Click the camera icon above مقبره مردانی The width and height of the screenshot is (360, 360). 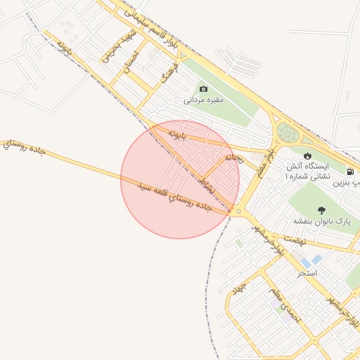point(203,89)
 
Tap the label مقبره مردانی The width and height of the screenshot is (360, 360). point(203,100)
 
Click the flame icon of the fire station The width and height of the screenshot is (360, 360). point(307,155)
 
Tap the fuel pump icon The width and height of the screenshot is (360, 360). point(349,172)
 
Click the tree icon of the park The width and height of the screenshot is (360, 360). point(321,210)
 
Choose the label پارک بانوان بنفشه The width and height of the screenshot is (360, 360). point(326,222)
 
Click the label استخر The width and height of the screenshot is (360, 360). point(307,272)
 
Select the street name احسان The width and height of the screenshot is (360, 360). point(131,63)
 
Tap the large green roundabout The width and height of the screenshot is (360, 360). point(287,131)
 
